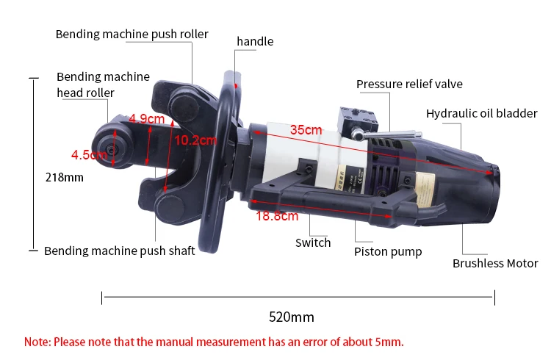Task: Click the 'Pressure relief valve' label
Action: [x=409, y=84]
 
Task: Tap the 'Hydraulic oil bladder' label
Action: [x=482, y=113]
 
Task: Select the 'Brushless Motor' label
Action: [x=495, y=263]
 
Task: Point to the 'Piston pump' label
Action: [x=388, y=251]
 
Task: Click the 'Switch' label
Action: [x=313, y=242]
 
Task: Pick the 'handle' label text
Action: [x=255, y=41]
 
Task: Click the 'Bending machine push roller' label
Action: [x=132, y=34]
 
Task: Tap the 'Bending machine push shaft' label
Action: [x=120, y=251]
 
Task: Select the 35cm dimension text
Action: [x=306, y=130]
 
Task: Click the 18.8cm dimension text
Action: [x=277, y=216]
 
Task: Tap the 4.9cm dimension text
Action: [x=146, y=118]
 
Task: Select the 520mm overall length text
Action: [x=292, y=317]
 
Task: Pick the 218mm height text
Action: [x=65, y=177]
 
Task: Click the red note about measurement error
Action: [x=214, y=342]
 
